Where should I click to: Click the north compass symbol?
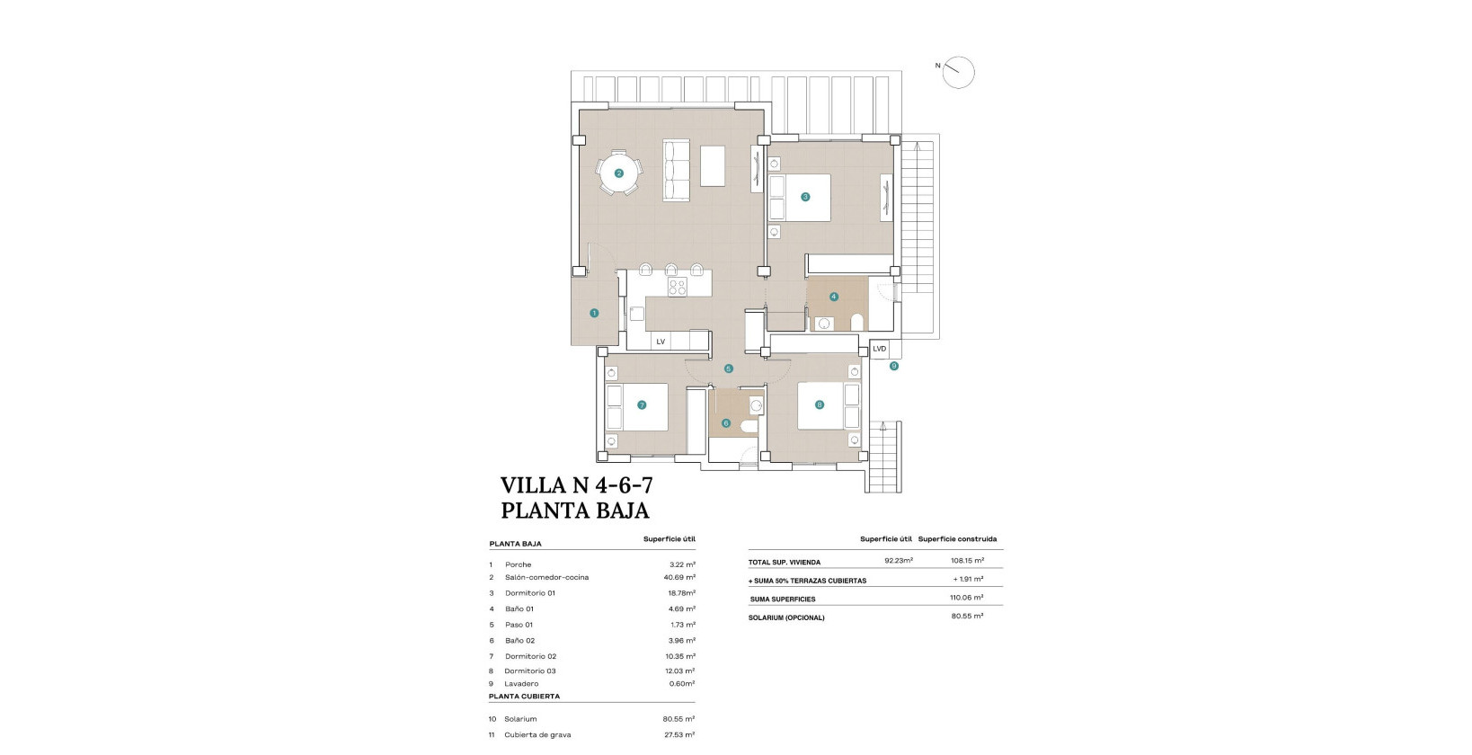click(x=959, y=72)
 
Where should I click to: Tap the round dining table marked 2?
click(x=619, y=173)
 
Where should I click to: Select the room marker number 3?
click(x=805, y=197)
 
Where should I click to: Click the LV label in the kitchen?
click(x=661, y=342)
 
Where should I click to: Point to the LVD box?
click(x=879, y=349)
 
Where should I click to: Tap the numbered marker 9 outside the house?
click(x=893, y=366)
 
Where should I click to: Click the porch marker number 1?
click(x=594, y=313)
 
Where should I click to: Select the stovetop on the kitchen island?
click(x=678, y=288)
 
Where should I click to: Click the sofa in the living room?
click(x=676, y=170)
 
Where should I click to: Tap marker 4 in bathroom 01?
click(x=834, y=297)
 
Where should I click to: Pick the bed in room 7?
click(x=636, y=407)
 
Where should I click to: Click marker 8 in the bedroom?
click(x=819, y=404)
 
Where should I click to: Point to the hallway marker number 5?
click(x=728, y=369)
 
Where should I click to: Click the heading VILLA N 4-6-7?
click(x=576, y=485)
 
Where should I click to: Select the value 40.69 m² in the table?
click(x=678, y=577)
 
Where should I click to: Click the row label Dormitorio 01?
click(x=530, y=593)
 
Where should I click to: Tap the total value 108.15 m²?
click(x=967, y=562)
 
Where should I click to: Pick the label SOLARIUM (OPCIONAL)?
click(x=786, y=617)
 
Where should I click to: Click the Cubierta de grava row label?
click(x=537, y=734)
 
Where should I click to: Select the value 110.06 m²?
click(x=967, y=598)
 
